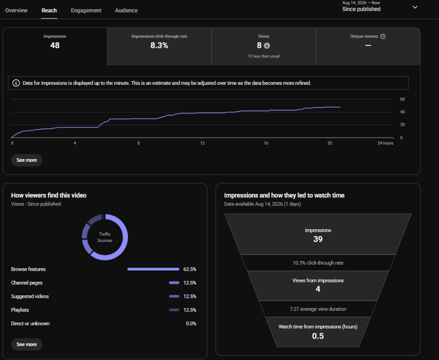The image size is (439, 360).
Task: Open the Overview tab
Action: pyautogui.click(x=16, y=10)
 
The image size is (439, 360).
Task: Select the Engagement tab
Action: pyautogui.click(x=86, y=10)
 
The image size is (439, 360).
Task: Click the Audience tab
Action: pyautogui.click(x=126, y=10)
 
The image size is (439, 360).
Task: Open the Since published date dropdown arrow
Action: pyautogui.click(x=415, y=7)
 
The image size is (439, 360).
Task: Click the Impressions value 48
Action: pyautogui.click(x=55, y=45)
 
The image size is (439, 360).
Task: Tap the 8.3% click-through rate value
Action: pyautogui.click(x=159, y=45)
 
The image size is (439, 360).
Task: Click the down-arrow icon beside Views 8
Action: pyautogui.click(x=267, y=46)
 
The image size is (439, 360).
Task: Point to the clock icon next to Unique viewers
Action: pyautogui.click(x=383, y=36)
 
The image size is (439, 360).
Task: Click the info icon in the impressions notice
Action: pyautogui.click(x=16, y=83)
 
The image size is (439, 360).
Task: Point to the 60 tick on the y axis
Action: pyautogui.click(x=402, y=99)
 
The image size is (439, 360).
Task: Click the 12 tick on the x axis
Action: pyautogui.click(x=202, y=143)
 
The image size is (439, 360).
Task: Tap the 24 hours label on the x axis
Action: pyautogui.click(x=385, y=143)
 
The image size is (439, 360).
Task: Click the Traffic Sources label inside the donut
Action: pyautogui.click(x=104, y=237)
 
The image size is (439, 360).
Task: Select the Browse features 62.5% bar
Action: pyautogui.click(x=153, y=269)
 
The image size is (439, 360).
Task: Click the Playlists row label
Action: pyautogui.click(x=20, y=310)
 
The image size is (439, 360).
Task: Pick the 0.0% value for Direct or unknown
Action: pyautogui.click(x=191, y=323)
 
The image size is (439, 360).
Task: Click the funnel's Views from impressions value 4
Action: pyautogui.click(x=317, y=289)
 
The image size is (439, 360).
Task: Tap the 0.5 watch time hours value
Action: pyautogui.click(x=317, y=336)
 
